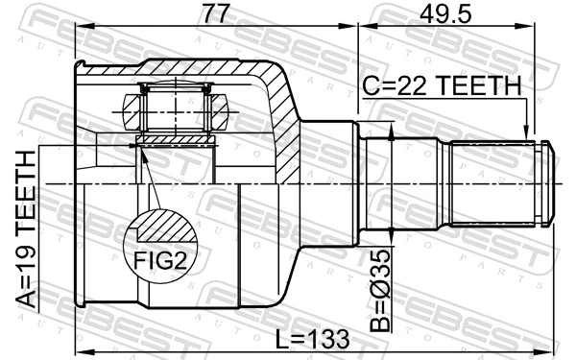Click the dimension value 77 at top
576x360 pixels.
[x=217, y=14]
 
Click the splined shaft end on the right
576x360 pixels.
[x=499, y=183]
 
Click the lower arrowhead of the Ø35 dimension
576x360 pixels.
[x=395, y=230]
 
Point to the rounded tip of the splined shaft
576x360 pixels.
[x=550, y=183]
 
